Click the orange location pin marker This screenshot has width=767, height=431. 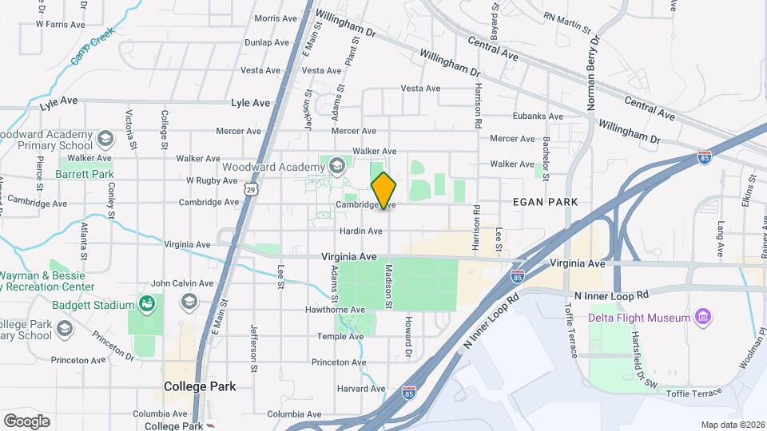coord(383,190)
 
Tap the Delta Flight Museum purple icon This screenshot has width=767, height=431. coord(703,318)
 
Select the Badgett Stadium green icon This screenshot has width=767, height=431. coord(146,303)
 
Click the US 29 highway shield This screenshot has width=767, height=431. coord(251,189)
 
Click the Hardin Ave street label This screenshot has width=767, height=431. coord(360,231)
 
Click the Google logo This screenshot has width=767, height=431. coord(26,421)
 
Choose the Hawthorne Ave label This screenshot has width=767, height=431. coord(336,310)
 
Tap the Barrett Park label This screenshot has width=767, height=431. coord(85,174)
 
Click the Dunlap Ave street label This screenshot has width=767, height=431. coord(267,42)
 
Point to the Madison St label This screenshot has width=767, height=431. coord(389,287)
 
